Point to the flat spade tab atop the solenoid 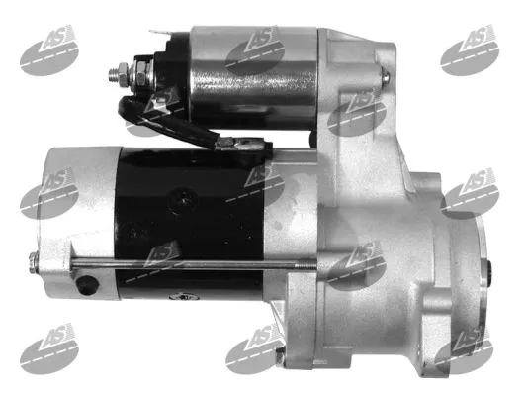click(x=159, y=35)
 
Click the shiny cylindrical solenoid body click(x=254, y=77)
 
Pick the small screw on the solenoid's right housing click(x=386, y=76)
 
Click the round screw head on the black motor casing click(x=183, y=201)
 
